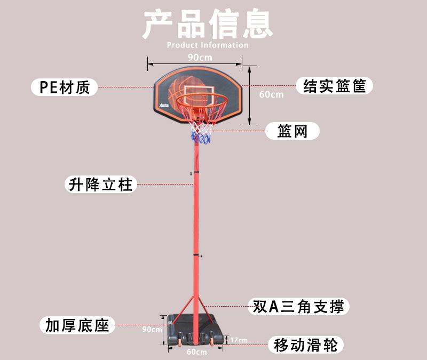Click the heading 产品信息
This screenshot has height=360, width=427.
tap(208, 25)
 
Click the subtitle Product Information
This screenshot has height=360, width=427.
tap(208, 45)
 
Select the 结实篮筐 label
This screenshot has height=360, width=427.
tap(334, 86)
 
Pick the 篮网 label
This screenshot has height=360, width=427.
tap(292, 131)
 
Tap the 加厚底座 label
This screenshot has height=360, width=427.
tap(77, 325)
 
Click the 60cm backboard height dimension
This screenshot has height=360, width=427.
tap(271, 94)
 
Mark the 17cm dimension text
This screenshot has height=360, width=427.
tap(239, 340)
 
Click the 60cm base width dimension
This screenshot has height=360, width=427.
tap(196, 352)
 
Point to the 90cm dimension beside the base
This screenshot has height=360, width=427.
tap(152, 330)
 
